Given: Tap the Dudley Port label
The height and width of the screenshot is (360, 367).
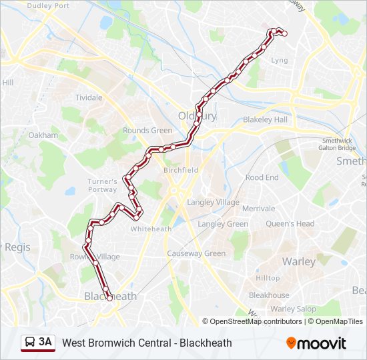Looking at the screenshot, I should click(x=48, y=6).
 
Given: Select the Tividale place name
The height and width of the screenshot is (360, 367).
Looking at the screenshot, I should click(x=89, y=97).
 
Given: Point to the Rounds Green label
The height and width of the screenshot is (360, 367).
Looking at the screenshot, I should click(x=147, y=131).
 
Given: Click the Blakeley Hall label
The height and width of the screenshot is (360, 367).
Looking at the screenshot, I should click(x=265, y=119).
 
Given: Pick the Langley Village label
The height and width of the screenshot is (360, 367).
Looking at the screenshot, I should click(x=214, y=202).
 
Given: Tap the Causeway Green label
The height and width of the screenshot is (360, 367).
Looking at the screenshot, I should click(x=196, y=253).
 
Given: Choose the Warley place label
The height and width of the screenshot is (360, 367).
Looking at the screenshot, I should click(x=298, y=261).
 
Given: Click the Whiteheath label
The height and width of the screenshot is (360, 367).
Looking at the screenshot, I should click(x=151, y=229).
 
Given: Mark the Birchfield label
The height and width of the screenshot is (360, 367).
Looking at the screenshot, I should click(x=181, y=170).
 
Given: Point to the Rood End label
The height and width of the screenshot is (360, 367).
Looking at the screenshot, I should click(x=262, y=178).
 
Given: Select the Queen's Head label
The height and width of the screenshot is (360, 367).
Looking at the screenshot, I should click(x=290, y=224).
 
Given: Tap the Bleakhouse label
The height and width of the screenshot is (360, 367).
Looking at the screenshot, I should click(x=269, y=295).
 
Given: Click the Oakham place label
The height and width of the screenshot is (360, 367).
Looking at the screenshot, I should click(x=43, y=135).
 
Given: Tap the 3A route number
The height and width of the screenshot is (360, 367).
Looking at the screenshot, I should click(x=45, y=343).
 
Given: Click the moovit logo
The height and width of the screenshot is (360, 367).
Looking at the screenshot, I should click(x=316, y=343).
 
